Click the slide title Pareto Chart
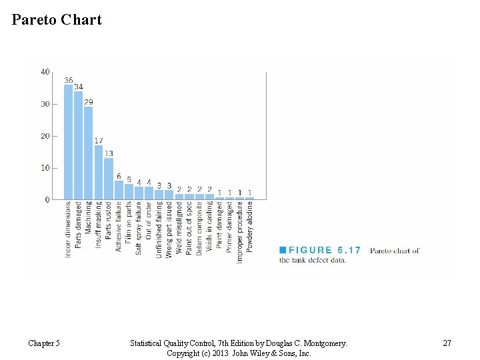(x=57, y=19)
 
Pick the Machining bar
(x=88, y=153)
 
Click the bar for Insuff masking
(x=99, y=172)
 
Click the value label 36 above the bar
(x=68, y=80)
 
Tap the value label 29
(x=89, y=102)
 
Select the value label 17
(x=99, y=141)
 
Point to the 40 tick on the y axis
(x=45, y=72)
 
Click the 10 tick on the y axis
(x=45, y=168)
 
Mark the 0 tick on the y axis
(x=47, y=199)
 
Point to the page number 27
(x=447, y=343)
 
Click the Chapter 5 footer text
(x=44, y=343)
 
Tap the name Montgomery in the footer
(x=324, y=343)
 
